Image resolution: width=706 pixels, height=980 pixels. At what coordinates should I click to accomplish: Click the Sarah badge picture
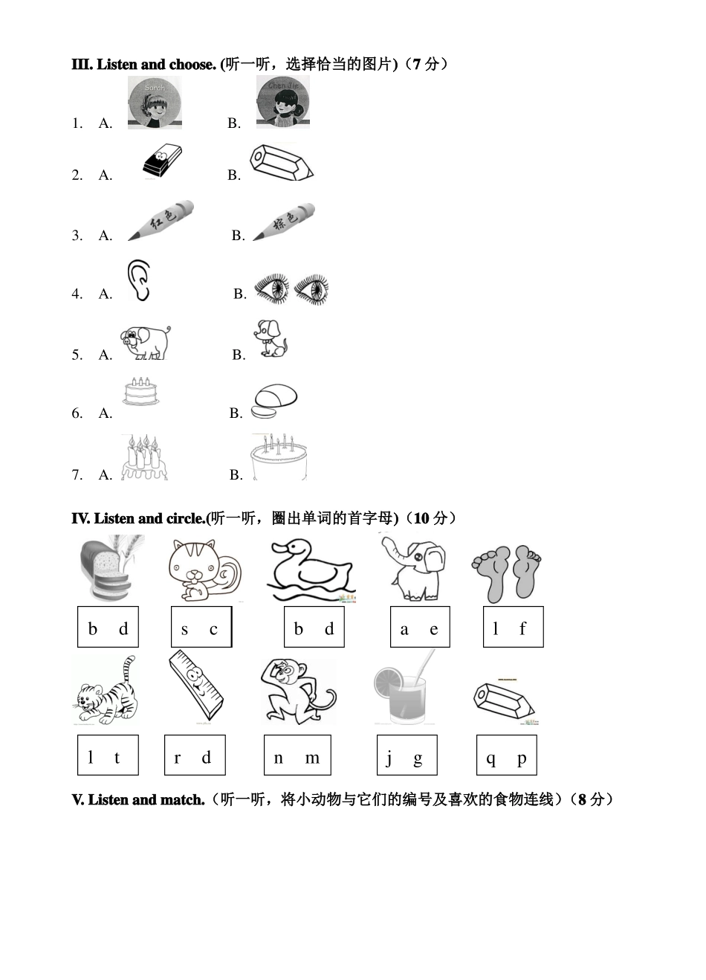(155, 103)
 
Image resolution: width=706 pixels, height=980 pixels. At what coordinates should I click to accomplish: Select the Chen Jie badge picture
(282, 102)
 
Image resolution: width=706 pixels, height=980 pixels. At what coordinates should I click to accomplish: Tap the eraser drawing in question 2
(162, 161)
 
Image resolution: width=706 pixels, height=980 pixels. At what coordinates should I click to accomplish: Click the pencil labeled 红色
(161, 220)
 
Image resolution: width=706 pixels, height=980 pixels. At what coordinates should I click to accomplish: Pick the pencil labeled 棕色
(284, 222)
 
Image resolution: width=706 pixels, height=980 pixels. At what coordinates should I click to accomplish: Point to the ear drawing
(138, 280)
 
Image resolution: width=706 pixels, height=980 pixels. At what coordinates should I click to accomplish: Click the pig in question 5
(145, 342)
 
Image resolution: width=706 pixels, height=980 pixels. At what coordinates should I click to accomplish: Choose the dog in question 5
(271, 339)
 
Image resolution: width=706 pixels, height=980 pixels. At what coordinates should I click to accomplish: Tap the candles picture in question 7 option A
(144, 457)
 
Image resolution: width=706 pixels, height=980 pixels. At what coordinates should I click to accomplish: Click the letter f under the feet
(522, 629)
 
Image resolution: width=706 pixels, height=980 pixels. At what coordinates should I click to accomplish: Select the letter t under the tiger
(117, 758)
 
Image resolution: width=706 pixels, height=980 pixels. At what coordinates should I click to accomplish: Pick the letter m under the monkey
(312, 758)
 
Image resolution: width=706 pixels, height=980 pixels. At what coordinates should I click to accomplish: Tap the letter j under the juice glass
(389, 758)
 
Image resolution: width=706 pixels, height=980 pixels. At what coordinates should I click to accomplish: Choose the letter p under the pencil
(522, 758)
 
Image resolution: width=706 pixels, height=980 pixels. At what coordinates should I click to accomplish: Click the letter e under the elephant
(434, 630)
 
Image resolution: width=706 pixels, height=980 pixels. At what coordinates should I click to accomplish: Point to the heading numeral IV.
(80, 518)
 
